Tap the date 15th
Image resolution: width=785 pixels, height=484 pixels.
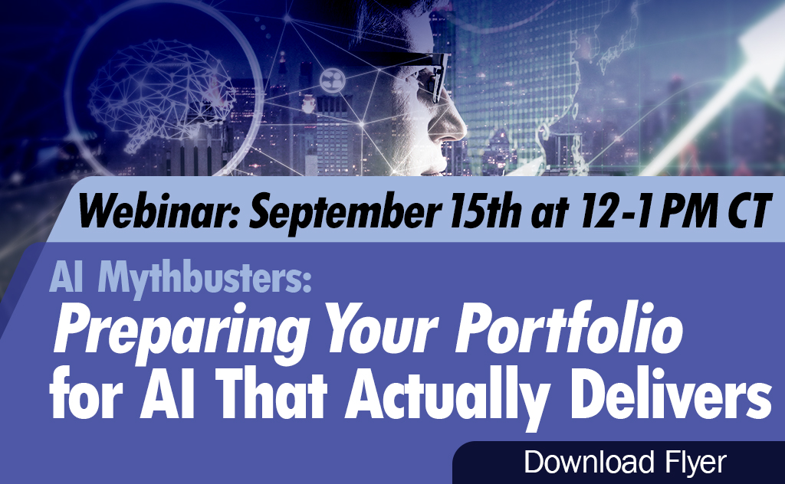tap(485, 211)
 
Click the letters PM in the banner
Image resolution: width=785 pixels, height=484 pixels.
tap(688, 211)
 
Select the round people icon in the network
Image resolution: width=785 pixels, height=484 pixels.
tap(333, 80)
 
